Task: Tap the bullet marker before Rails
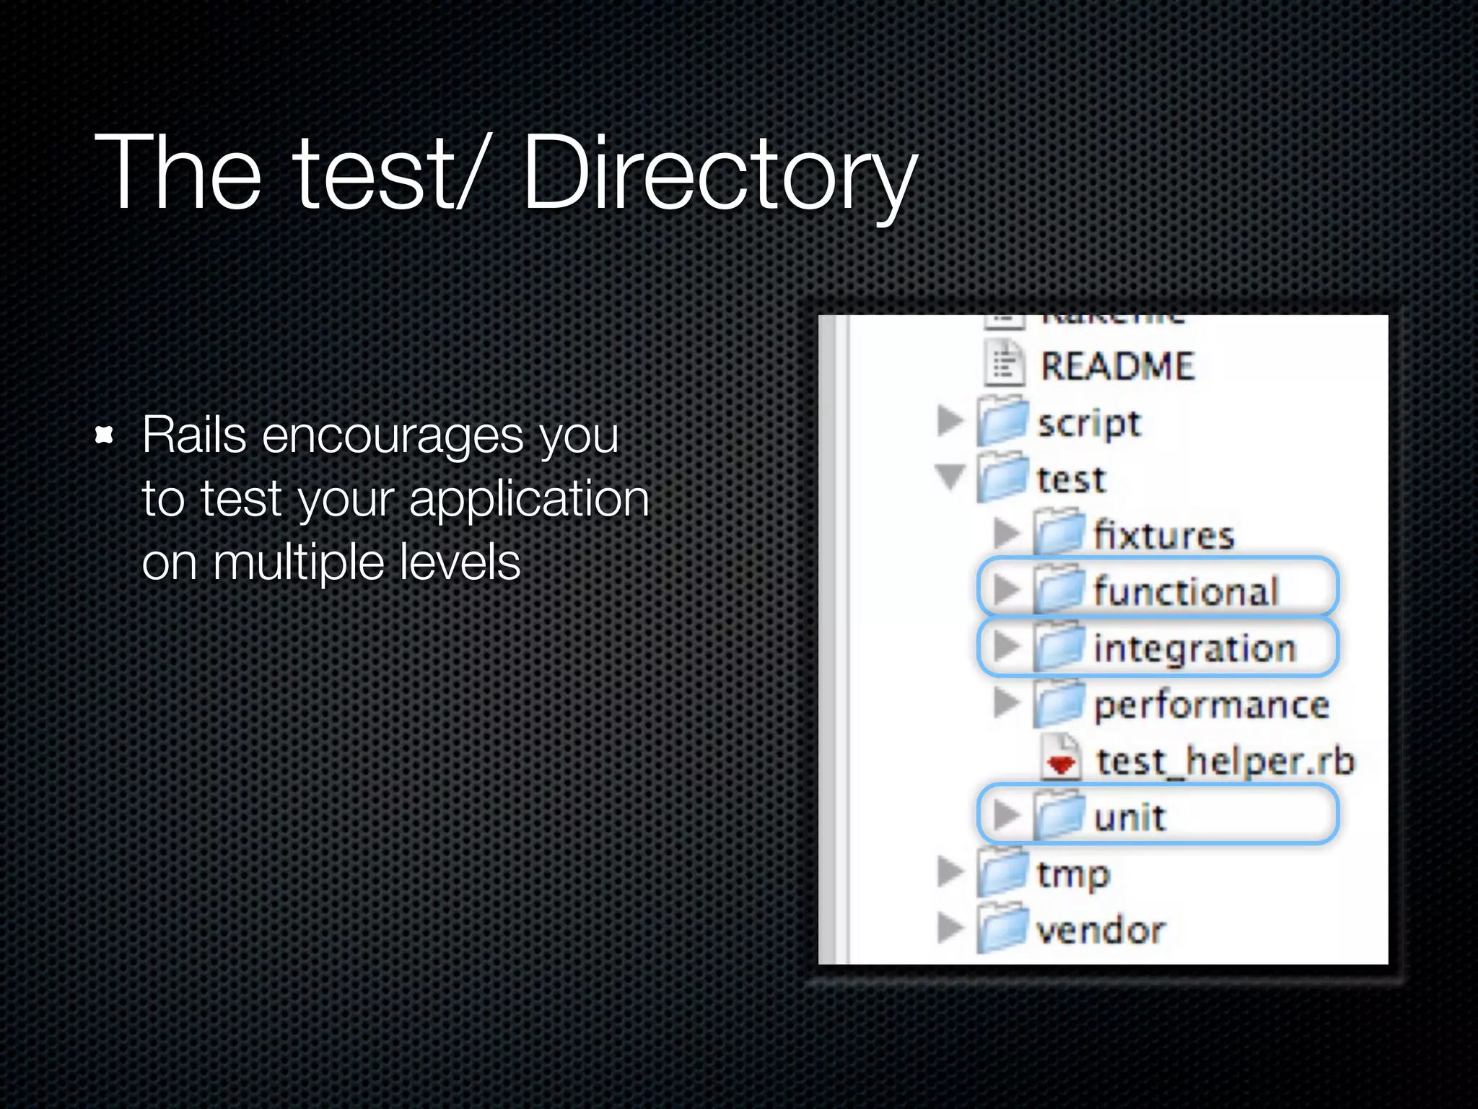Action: (x=105, y=435)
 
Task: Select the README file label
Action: (x=1117, y=366)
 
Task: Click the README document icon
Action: (x=1004, y=364)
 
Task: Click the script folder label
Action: (x=1088, y=423)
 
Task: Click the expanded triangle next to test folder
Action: (x=950, y=477)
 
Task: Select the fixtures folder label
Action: (x=1163, y=536)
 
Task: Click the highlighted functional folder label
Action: (x=1186, y=591)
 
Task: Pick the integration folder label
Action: (x=1194, y=648)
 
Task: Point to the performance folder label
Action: (x=1211, y=705)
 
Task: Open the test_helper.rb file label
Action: (x=1225, y=761)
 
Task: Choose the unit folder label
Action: (x=1129, y=817)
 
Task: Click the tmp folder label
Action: (x=1072, y=874)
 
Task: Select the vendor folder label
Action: (x=1100, y=930)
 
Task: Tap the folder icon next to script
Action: (x=1002, y=422)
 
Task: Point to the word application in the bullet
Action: (x=529, y=500)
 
